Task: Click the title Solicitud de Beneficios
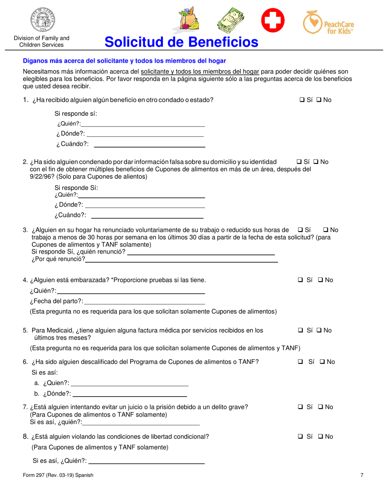coord(181,42)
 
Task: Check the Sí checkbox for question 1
coord(301,100)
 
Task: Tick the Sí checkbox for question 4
coord(300,280)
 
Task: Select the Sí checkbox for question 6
coord(300,362)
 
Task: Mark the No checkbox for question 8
coord(320,437)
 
